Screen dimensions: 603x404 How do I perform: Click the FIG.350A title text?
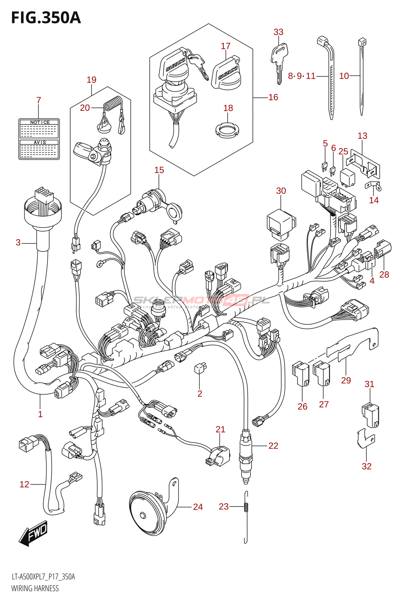tap(46, 18)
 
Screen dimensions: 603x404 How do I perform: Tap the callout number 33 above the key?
tap(278, 32)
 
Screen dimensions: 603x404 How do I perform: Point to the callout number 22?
tap(273, 446)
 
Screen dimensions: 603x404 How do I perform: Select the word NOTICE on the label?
tap(40, 122)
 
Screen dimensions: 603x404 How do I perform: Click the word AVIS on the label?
tap(40, 142)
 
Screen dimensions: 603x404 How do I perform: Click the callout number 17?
tap(225, 46)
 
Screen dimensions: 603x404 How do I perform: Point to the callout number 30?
tap(281, 191)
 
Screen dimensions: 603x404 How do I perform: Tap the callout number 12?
tap(24, 484)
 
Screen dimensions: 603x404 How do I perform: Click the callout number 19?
tap(91, 80)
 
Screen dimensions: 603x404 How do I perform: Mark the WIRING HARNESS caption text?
tap(35, 588)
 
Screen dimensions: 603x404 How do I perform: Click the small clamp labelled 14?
tap(373, 186)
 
